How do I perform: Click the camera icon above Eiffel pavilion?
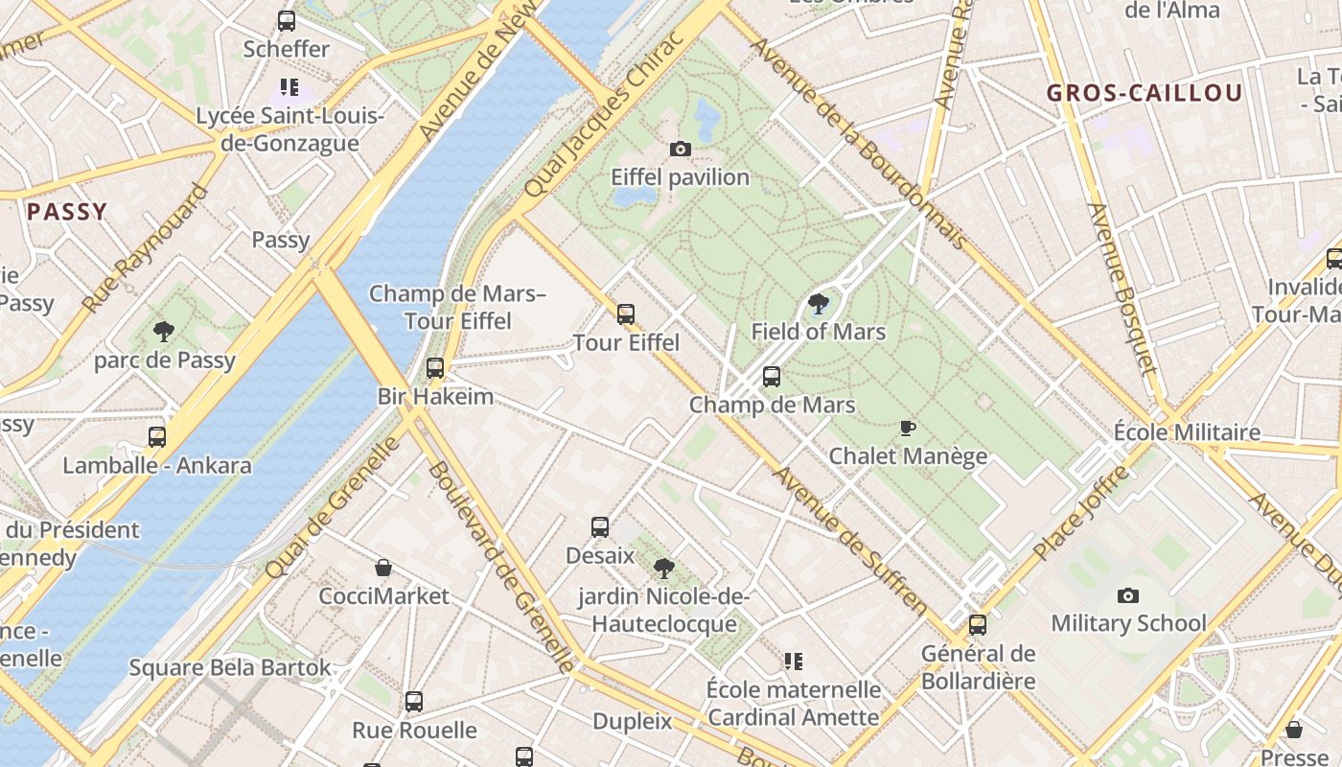[x=680, y=149]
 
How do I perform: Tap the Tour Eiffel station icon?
[x=626, y=314]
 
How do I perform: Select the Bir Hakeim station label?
[x=435, y=396]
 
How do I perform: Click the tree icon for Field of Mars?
[x=819, y=304]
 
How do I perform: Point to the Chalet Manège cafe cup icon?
[x=908, y=428]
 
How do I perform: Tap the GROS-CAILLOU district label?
[x=1145, y=93]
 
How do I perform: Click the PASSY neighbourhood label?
[x=67, y=212]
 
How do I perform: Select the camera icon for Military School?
[x=1128, y=595]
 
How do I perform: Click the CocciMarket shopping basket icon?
[x=383, y=568]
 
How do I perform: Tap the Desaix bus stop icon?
[x=600, y=526]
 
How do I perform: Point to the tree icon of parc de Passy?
[x=164, y=332]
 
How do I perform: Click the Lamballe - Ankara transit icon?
[x=157, y=437]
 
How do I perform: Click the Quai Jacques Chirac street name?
[x=605, y=115]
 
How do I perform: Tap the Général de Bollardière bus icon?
[x=978, y=625]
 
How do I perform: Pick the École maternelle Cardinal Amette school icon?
[x=793, y=661]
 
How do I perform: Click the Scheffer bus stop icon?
[x=286, y=21]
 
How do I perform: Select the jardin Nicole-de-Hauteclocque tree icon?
[x=663, y=569]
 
